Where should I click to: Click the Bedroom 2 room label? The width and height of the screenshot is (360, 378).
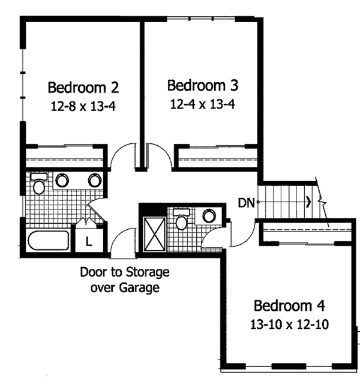(x=83, y=88)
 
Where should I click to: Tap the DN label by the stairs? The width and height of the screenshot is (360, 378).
(x=245, y=202)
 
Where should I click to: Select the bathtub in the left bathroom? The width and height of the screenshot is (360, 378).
(x=49, y=241)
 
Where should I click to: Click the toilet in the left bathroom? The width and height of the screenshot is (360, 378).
(x=39, y=184)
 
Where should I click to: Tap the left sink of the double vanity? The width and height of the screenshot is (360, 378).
(x=62, y=180)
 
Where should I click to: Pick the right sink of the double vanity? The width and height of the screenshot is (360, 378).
(x=94, y=180)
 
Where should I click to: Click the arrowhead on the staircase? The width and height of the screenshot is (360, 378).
(x=308, y=202)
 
